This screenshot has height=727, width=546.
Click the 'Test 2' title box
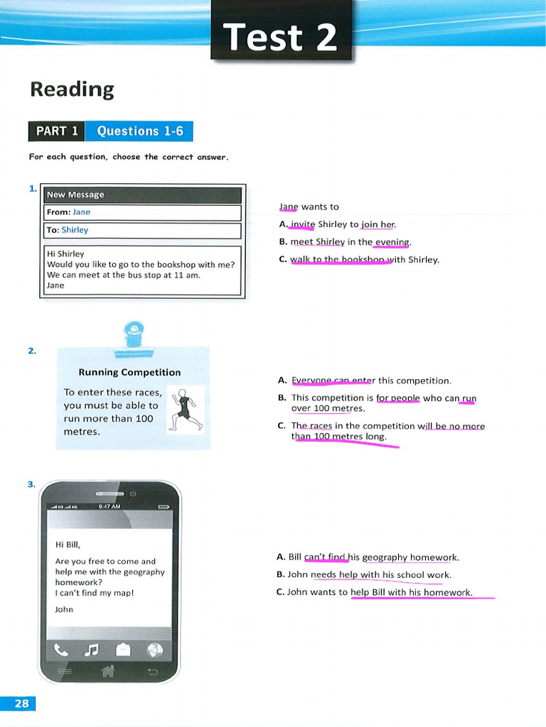tap(281, 37)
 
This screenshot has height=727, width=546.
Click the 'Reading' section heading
tap(72, 89)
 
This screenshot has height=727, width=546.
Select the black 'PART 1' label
tap(56, 131)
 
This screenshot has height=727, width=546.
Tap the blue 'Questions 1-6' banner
tap(139, 131)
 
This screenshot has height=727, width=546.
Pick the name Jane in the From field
tap(82, 212)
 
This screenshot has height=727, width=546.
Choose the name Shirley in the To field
tap(75, 230)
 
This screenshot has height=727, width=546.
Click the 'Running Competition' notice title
tap(129, 372)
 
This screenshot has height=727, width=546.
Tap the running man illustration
tap(185, 410)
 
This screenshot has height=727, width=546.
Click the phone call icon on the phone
tap(62, 649)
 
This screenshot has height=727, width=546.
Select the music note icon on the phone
tap(92, 649)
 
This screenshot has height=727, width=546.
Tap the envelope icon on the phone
tap(124, 649)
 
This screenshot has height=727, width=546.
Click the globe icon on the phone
tap(154, 649)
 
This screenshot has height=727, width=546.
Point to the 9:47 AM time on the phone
tap(109, 506)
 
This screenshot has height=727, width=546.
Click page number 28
tap(21, 704)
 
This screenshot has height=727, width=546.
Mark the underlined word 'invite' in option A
tap(303, 224)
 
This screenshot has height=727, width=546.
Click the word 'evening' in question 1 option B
tap(392, 242)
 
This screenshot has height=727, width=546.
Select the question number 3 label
tap(31, 484)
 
